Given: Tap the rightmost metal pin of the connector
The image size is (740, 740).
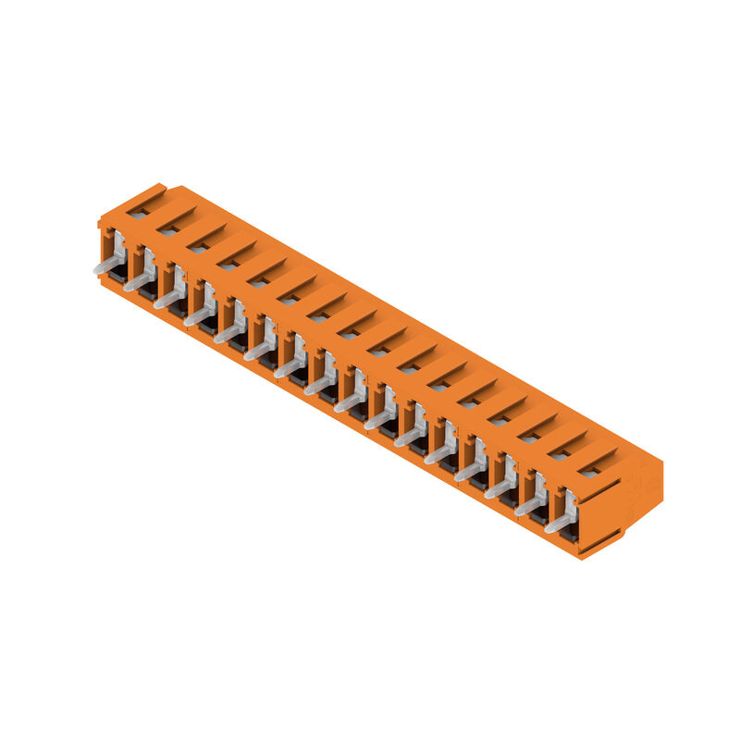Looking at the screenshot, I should [558, 524].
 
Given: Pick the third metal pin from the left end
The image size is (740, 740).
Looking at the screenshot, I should [167, 300].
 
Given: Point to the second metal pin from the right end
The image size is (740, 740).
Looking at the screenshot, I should [528, 507].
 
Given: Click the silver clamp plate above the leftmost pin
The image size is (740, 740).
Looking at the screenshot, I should [118, 246].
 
